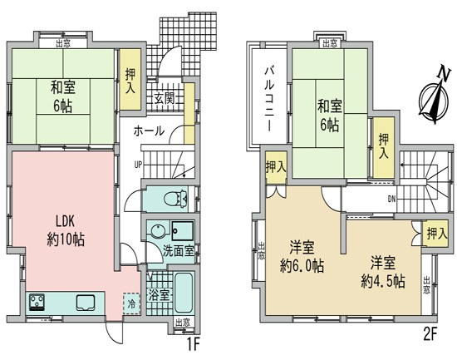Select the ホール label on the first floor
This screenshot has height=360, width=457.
pyautogui.click(x=149, y=131)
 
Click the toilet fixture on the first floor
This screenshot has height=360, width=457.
pyautogui.click(x=173, y=199)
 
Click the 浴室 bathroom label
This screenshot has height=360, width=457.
pyautogui.click(x=160, y=293)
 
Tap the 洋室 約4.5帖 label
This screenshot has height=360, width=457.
pyautogui.click(x=381, y=272)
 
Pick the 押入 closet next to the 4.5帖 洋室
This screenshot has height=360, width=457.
pyautogui.click(x=432, y=234)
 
